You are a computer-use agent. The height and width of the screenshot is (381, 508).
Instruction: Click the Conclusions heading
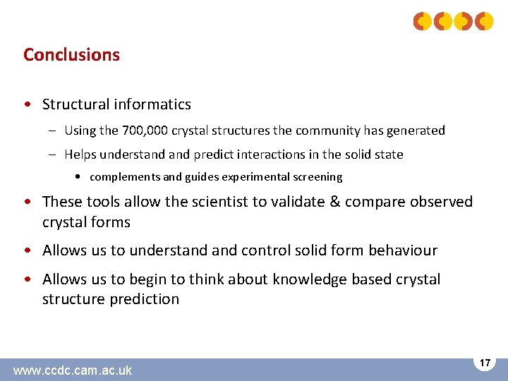click(x=71, y=55)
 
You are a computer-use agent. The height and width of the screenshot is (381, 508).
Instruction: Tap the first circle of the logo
click(x=423, y=22)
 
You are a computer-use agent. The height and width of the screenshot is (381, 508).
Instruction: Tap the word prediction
click(x=144, y=299)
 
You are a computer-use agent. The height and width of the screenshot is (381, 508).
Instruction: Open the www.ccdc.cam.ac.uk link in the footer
click(x=73, y=370)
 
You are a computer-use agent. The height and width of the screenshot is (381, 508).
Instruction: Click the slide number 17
click(x=485, y=363)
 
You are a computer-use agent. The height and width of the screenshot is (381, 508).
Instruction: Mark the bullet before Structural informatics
click(x=26, y=105)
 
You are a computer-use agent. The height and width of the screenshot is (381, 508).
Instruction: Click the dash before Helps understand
click(x=54, y=155)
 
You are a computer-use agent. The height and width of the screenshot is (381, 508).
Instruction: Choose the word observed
click(x=438, y=202)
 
